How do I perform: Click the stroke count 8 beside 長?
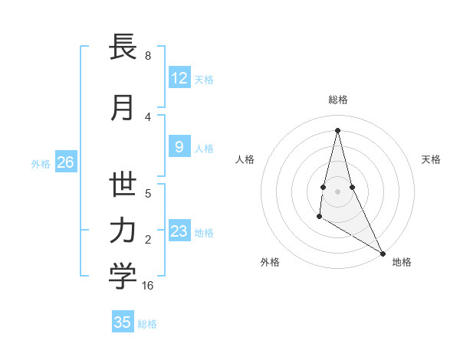tap(147, 56)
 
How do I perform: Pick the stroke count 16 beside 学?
tap(148, 285)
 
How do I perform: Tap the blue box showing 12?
tap(179, 78)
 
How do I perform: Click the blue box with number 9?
tap(179, 147)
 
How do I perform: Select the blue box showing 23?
tap(179, 231)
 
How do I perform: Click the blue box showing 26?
tap(65, 162)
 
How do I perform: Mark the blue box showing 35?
tap(123, 322)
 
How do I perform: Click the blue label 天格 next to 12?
tap(204, 79)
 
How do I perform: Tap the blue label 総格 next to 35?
tap(147, 324)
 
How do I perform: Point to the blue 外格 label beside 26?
tap(41, 163)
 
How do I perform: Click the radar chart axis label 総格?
tap(338, 100)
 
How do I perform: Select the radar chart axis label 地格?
tap(402, 262)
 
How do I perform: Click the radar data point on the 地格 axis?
tap(383, 254)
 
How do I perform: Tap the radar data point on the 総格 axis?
tap(337, 130)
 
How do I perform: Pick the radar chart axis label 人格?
tap(245, 159)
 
